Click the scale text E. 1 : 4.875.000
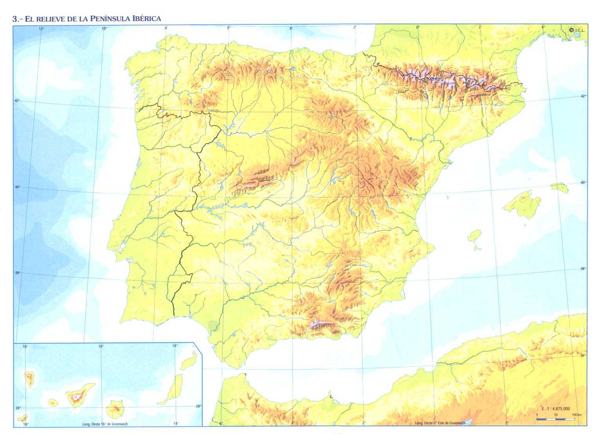pos(556,408)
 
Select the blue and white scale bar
pos(556,419)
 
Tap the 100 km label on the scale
pos(577,415)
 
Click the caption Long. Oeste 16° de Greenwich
pos(105,424)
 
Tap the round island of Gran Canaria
pos(115,408)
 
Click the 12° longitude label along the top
pos(42,28)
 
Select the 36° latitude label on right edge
pos(583,355)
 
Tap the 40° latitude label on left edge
pos(18,187)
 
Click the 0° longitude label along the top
pos(417,27)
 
